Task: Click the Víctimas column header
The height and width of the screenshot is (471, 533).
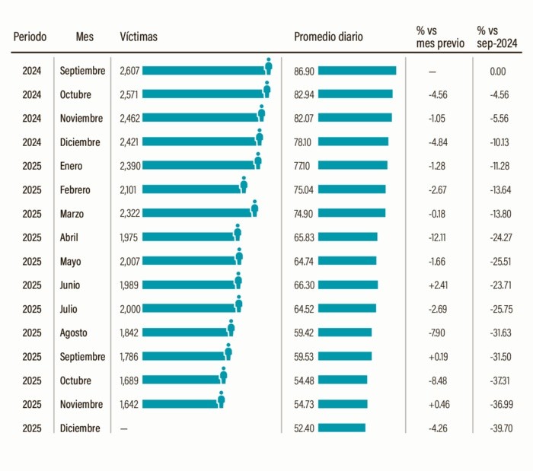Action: pyautogui.click(x=139, y=37)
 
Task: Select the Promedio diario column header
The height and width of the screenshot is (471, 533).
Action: pyautogui.click(x=328, y=37)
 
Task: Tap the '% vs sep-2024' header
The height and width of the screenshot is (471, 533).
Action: pyautogui.click(x=498, y=37)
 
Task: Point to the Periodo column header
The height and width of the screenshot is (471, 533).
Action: pyautogui.click(x=30, y=37)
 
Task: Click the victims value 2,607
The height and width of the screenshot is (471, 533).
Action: pyautogui.click(x=129, y=71)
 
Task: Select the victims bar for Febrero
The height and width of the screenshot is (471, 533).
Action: pyautogui.click(x=190, y=189)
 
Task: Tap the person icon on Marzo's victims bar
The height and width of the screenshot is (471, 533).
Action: pyautogui.click(x=254, y=208)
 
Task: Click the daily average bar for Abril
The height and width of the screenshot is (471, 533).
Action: pyautogui.click(x=347, y=237)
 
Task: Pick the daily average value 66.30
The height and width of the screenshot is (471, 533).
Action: pyautogui.click(x=304, y=285)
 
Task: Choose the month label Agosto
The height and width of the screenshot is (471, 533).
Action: pyautogui.click(x=74, y=333)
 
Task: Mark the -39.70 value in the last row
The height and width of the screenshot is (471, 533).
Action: pyautogui.click(x=498, y=428)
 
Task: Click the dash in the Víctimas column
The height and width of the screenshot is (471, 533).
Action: pyautogui.click(x=124, y=428)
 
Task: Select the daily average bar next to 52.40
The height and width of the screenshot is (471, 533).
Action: pyautogui.click(x=341, y=428)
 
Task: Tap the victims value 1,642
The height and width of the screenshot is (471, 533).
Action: pyautogui.click(x=129, y=404)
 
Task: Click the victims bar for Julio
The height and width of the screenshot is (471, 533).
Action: pyautogui.click(x=188, y=308)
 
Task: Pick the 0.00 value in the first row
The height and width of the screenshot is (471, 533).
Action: pyautogui.click(x=498, y=71)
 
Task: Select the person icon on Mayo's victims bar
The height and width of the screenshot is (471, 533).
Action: pyautogui.click(x=238, y=256)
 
